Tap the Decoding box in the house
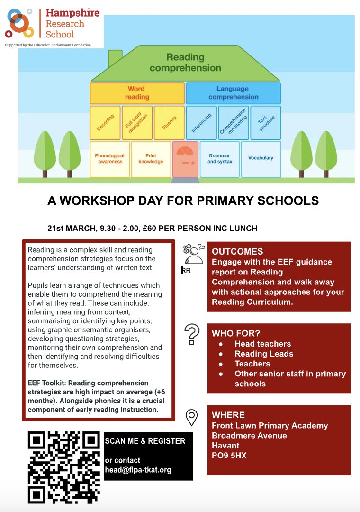(x=105, y=123)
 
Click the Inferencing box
(x=201, y=123)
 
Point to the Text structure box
(x=266, y=123)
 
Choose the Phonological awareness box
(x=109, y=159)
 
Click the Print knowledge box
(x=151, y=159)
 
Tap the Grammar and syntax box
(x=219, y=159)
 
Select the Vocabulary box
(x=261, y=158)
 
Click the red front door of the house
(x=185, y=159)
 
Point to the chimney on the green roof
(x=115, y=59)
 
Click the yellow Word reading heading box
(x=137, y=93)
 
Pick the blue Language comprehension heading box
(x=233, y=93)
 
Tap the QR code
(x=64, y=467)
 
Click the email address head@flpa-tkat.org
(x=138, y=470)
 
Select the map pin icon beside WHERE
(x=191, y=417)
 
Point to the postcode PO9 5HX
(x=229, y=456)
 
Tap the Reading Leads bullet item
(x=264, y=354)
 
